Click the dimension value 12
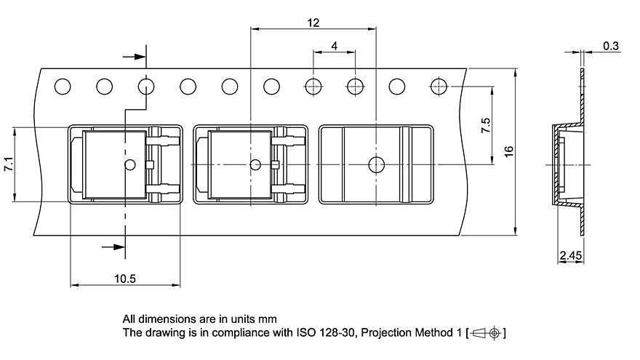coord(313,23)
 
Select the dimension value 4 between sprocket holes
coord(334,46)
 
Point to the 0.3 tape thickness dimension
coord(611,47)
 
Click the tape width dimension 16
coord(509,151)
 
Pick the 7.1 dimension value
coord(8,164)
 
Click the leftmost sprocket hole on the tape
coord(63,87)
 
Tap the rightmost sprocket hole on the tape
coord(439,87)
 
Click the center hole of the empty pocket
coord(376,164)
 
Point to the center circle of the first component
coord(130,164)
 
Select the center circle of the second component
coord(255,164)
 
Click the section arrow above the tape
coord(135,56)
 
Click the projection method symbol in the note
coord(486,333)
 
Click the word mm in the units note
coord(268,319)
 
